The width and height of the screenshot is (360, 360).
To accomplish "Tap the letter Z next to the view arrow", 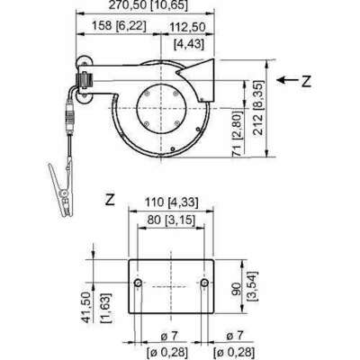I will click(306, 80).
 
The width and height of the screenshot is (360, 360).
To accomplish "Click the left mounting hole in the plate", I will click(137, 284).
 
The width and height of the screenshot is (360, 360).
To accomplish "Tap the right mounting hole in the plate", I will click(206, 284).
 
